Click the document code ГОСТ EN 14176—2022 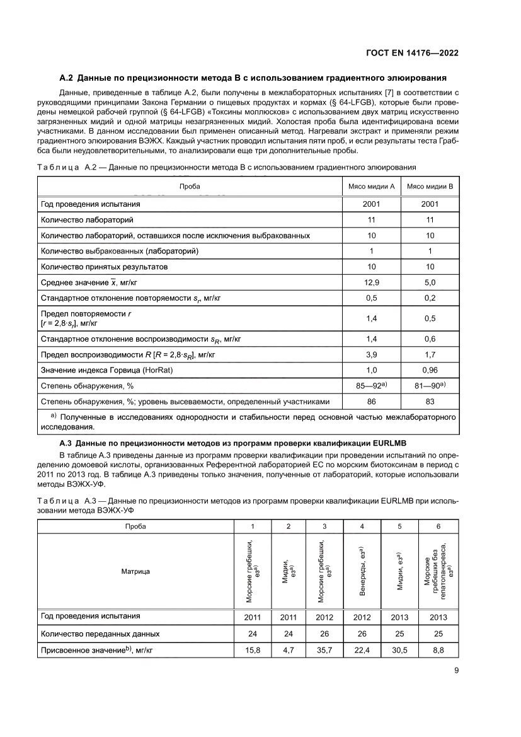[413, 54]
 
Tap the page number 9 [455, 671]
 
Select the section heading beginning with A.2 [253, 78]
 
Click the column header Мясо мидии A [371, 187]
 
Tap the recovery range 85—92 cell [371, 385]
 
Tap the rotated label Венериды [362, 571]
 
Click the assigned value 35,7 [324, 650]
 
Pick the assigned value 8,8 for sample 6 [438, 650]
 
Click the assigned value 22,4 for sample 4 [362, 650]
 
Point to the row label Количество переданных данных [100, 634]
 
